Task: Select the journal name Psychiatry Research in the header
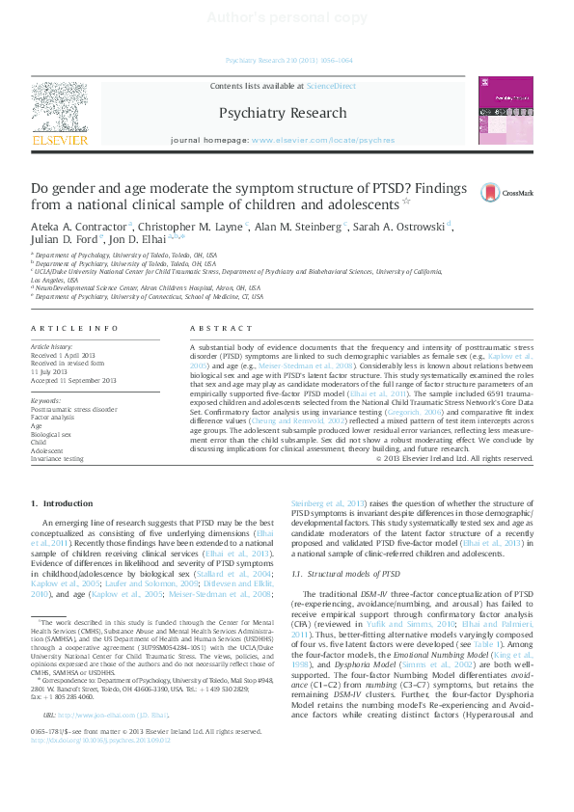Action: [283, 113]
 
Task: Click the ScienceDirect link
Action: [331, 86]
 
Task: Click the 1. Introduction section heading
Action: [62, 502]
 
